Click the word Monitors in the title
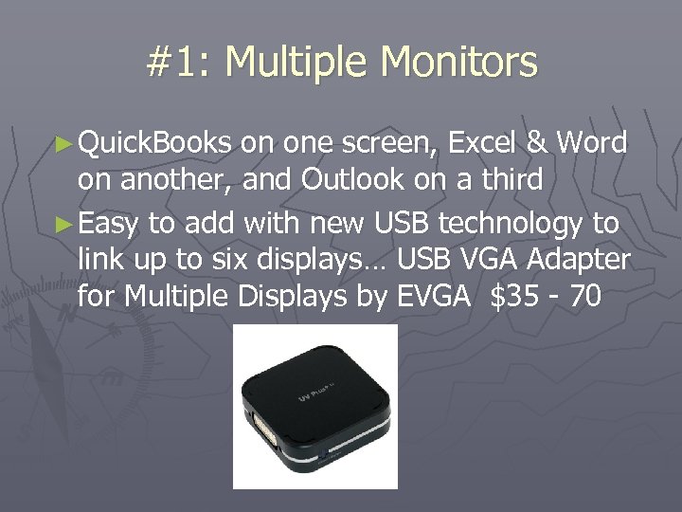458,63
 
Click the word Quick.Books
155,143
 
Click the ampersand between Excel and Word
537,143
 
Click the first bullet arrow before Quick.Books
65,144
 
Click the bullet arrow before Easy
65,223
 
